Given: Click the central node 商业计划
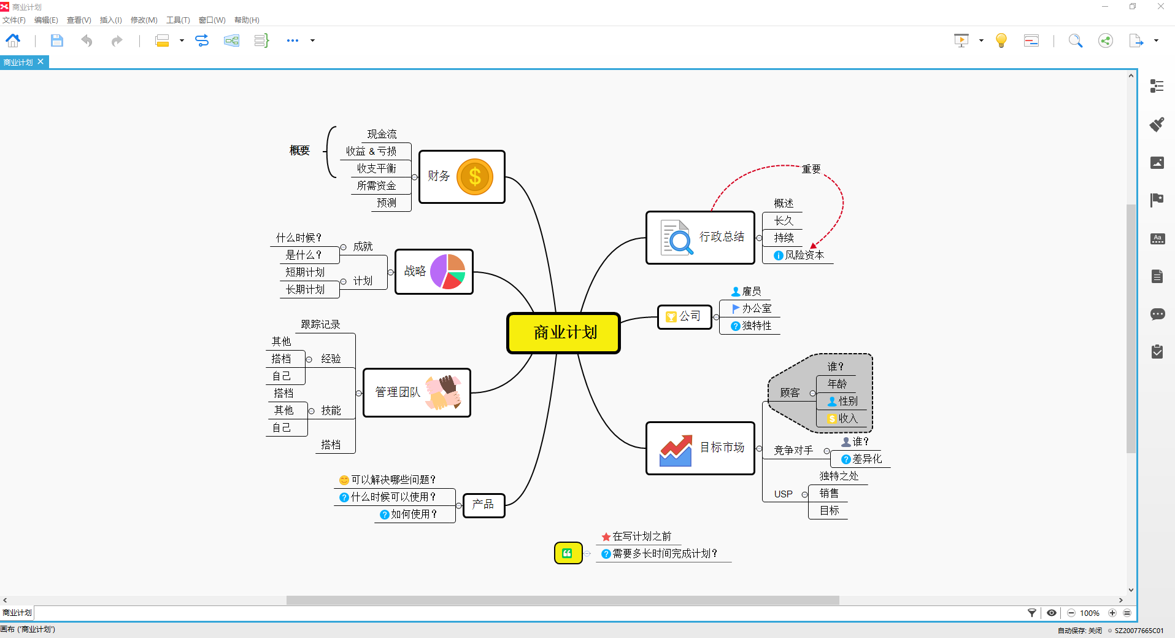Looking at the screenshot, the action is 563,333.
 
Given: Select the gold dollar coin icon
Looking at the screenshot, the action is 474,177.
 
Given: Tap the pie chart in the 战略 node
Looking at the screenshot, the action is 448,271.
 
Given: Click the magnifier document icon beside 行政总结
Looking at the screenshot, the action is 677,237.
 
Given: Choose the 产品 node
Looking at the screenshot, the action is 483,505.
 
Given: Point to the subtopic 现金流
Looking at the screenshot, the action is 382,134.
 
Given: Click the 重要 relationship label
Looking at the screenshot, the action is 811,169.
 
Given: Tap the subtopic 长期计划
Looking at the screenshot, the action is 305,289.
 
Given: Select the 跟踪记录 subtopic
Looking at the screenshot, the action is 320,324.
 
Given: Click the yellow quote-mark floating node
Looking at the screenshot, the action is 568,553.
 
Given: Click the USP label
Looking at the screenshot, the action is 783,494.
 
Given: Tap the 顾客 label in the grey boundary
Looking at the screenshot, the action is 790,393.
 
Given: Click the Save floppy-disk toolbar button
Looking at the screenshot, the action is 56,41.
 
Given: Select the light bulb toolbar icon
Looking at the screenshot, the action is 1001,41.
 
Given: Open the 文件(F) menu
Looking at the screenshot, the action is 14,20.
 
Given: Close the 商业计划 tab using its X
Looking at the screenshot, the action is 40,62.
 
